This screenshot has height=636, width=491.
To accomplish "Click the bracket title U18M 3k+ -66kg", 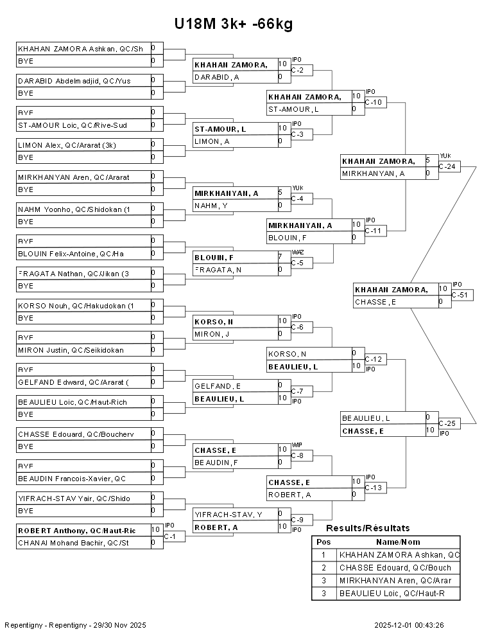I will click(234, 24).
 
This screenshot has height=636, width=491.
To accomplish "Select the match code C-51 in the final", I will click(461, 295).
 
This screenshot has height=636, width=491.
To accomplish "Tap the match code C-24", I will click(450, 166).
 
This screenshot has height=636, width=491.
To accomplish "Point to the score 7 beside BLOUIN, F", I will click(280, 257).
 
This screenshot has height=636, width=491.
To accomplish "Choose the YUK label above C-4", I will click(297, 188).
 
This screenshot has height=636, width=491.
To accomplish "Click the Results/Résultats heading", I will click(368, 528).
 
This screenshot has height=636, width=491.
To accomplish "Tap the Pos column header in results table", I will click(323, 542).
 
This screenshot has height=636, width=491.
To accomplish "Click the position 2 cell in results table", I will click(323, 568).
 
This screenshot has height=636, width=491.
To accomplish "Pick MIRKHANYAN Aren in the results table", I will click(399, 581).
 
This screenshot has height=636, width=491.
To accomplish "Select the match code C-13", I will click(375, 488).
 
